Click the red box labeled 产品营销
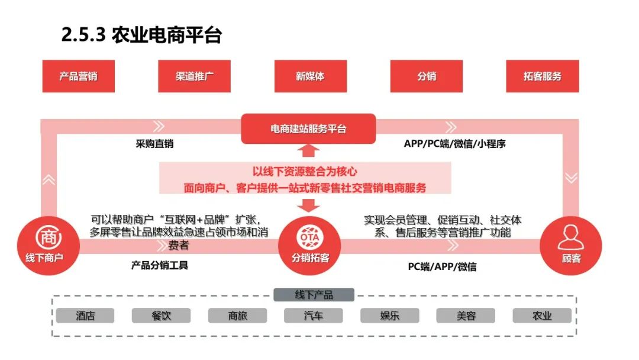78,76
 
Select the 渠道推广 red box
195,76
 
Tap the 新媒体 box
311,76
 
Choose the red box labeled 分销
427,76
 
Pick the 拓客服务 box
543,76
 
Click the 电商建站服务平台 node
308,128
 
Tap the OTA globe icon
311,236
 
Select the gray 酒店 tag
85,316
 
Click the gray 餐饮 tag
161,316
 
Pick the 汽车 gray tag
313,316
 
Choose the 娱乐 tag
389,316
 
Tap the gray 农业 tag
541,316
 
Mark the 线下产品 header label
314,295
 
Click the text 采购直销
155,143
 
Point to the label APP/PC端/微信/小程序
454,143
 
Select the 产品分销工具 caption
160,265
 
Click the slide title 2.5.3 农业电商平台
141,35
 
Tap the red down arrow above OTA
308,205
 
